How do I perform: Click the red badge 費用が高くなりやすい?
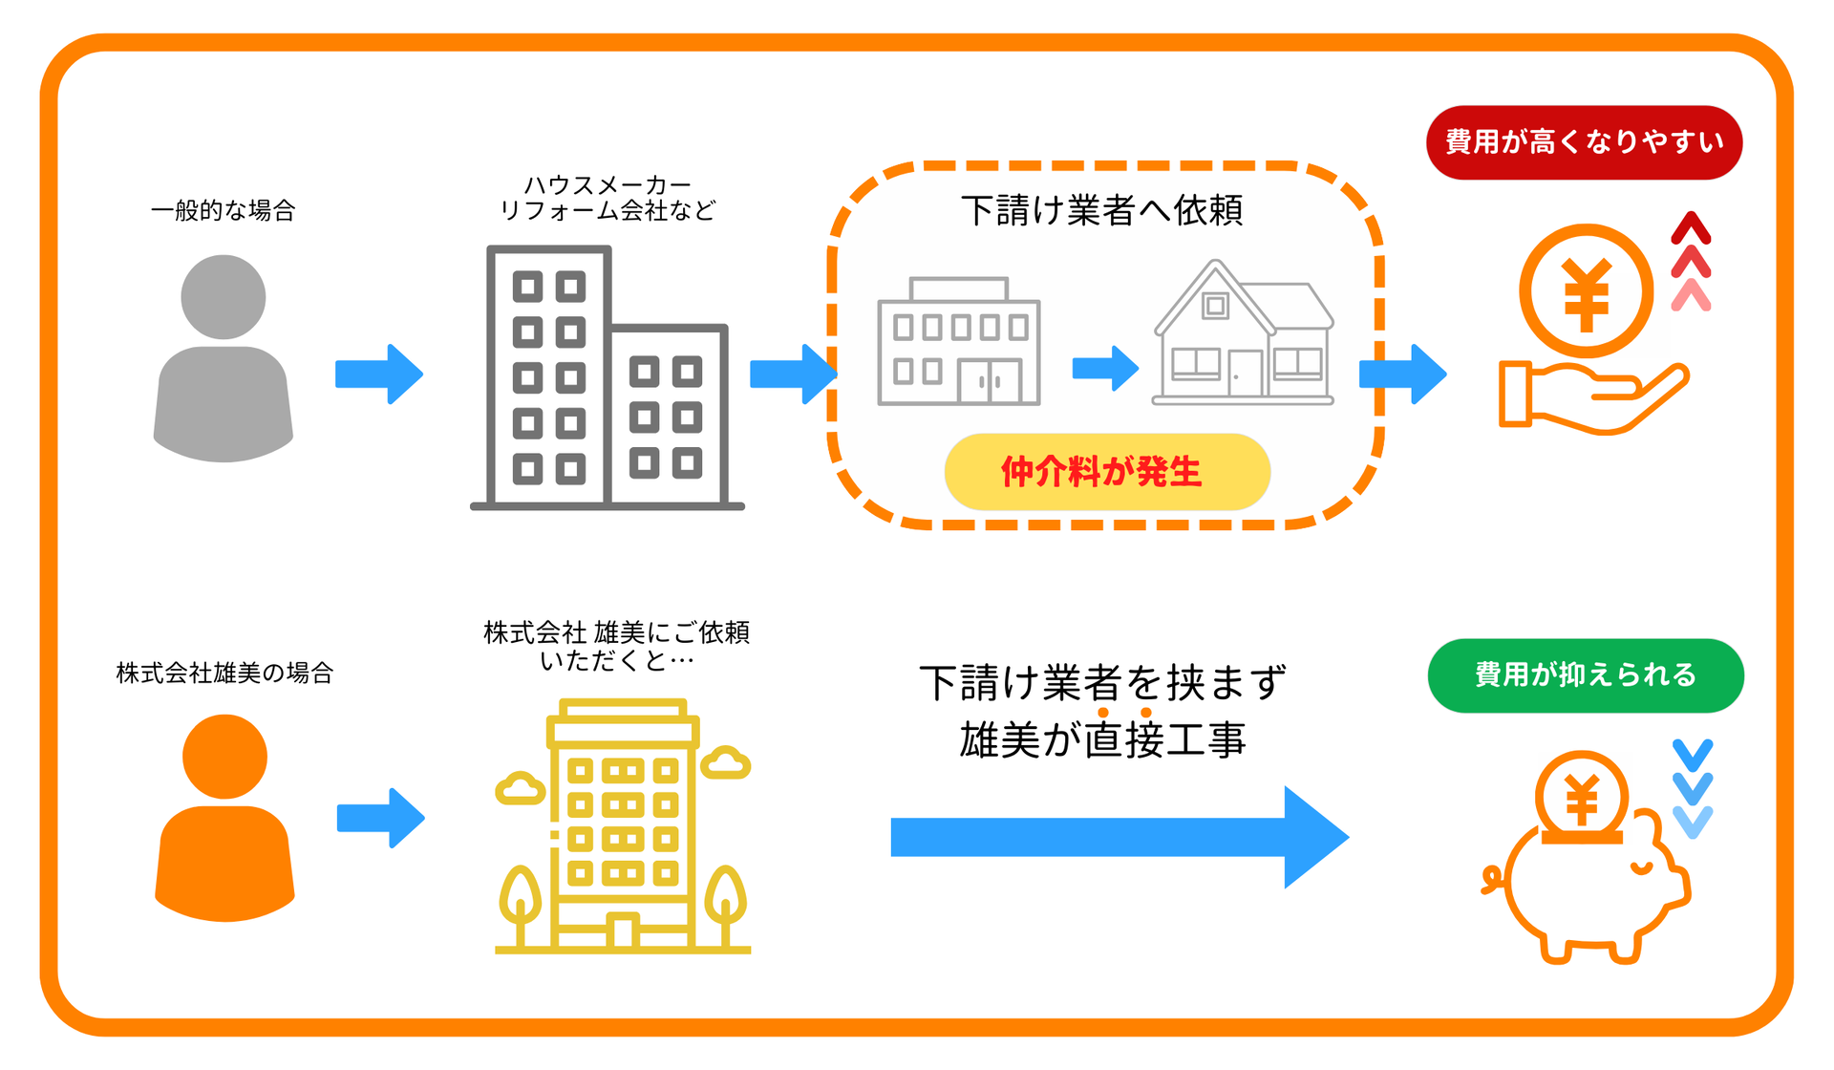(1584, 142)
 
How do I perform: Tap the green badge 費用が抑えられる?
(1585, 675)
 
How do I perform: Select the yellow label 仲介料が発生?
(1106, 472)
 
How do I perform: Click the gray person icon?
(224, 358)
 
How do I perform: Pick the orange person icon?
(224, 818)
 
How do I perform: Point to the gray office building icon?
(607, 377)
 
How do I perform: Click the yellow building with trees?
(623, 827)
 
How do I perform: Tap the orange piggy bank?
(1586, 865)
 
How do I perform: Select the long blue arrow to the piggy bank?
(1118, 837)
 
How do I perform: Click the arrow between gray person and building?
(379, 374)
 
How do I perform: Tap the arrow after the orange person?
(380, 818)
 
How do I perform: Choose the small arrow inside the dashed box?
(1105, 368)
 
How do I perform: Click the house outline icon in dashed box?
(1243, 334)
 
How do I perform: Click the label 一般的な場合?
(224, 211)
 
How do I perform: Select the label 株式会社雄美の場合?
(224, 674)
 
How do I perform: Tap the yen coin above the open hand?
(1586, 291)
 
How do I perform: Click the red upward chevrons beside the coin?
(1691, 261)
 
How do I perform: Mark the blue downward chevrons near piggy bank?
(1693, 788)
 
